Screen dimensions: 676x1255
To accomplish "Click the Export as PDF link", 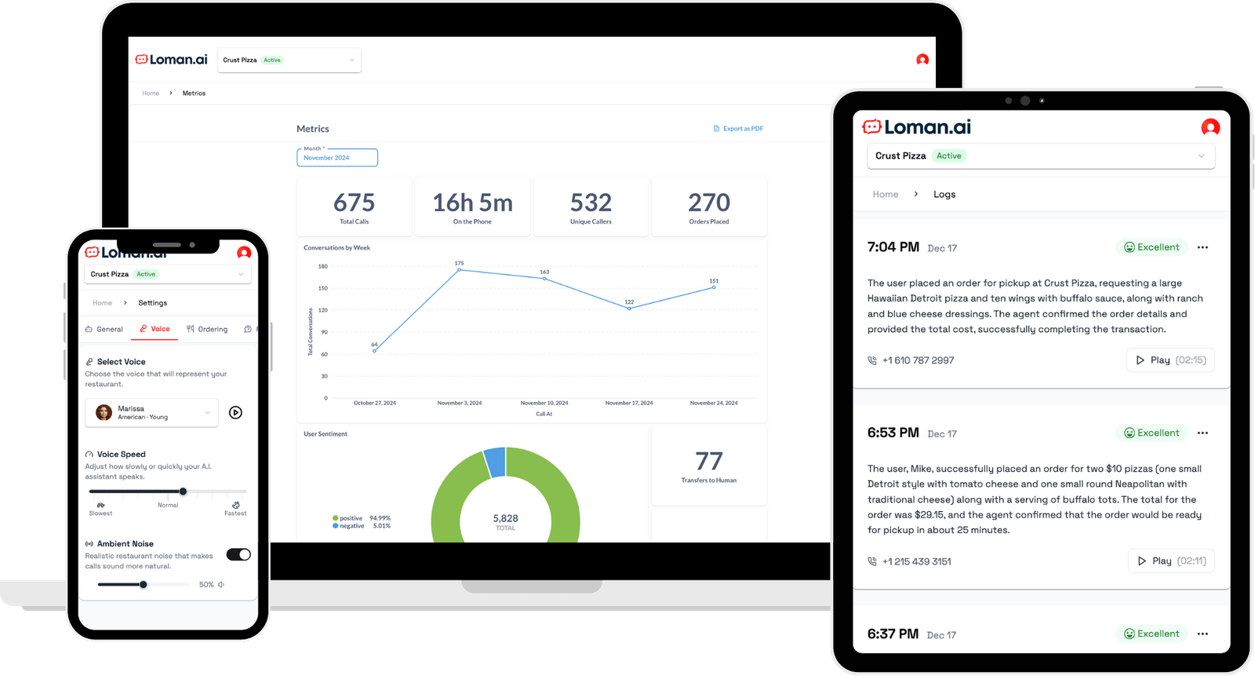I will pyautogui.click(x=738, y=129).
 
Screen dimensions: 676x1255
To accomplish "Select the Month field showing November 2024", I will pyautogui.click(x=337, y=158).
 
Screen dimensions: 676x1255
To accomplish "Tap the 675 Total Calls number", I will pyautogui.click(x=354, y=203).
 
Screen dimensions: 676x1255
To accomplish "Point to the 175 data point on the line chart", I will pyautogui.click(x=460, y=270).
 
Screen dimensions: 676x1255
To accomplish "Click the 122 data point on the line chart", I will pyautogui.click(x=629, y=309).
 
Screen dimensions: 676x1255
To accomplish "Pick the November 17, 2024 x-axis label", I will pyautogui.click(x=629, y=403).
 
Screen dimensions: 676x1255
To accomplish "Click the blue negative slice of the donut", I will pyautogui.click(x=495, y=462).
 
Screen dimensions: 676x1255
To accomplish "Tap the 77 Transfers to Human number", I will pyautogui.click(x=708, y=462).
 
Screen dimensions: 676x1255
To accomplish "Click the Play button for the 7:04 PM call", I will pyautogui.click(x=1170, y=360).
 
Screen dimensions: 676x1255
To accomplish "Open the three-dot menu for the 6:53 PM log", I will pyautogui.click(x=1202, y=433).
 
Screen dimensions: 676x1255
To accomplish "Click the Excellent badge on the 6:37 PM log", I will pyautogui.click(x=1151, y=634).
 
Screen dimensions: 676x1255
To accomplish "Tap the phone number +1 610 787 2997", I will pyautogui.click(x=918, y=360).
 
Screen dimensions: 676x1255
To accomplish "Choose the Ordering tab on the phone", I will pyautogui.click(x=207, y=329).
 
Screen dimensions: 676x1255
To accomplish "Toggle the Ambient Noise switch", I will pyautogui.click(x=238, y=555).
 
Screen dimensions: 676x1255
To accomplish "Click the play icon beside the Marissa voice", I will pyautogui.click(x=235, y=412).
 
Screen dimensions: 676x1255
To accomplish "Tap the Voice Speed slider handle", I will pyautogui.click(x=183, y=491).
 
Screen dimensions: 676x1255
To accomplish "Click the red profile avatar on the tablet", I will pyautogui.click(x=1210, y=127).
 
